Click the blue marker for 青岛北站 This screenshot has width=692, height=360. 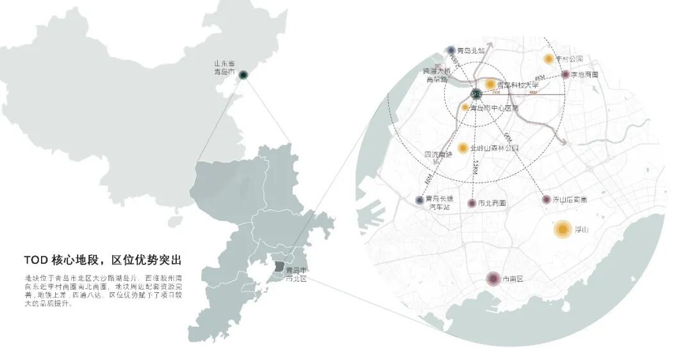tap(451, 50)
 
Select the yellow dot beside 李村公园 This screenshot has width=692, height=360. tap(548, 59)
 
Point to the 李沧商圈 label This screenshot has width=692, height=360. tap(584, 75)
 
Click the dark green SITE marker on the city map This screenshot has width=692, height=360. tap(476, 94)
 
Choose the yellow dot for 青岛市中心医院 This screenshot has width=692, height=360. tap(466, 108)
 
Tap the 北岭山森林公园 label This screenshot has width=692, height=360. tap(494, 148)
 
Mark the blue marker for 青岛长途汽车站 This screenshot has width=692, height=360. tap(420, 200)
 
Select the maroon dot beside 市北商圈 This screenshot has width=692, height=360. tap(472, 203)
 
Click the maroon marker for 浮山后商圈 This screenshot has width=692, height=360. tap(546, 200)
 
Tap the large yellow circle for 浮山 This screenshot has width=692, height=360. tap(563, 229)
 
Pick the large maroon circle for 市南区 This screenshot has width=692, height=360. tap(493, 279)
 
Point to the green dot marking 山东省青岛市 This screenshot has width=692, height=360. tap(243, 75)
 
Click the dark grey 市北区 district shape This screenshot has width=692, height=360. tap(278, 266)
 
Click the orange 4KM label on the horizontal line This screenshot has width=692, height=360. tap(532, 93)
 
